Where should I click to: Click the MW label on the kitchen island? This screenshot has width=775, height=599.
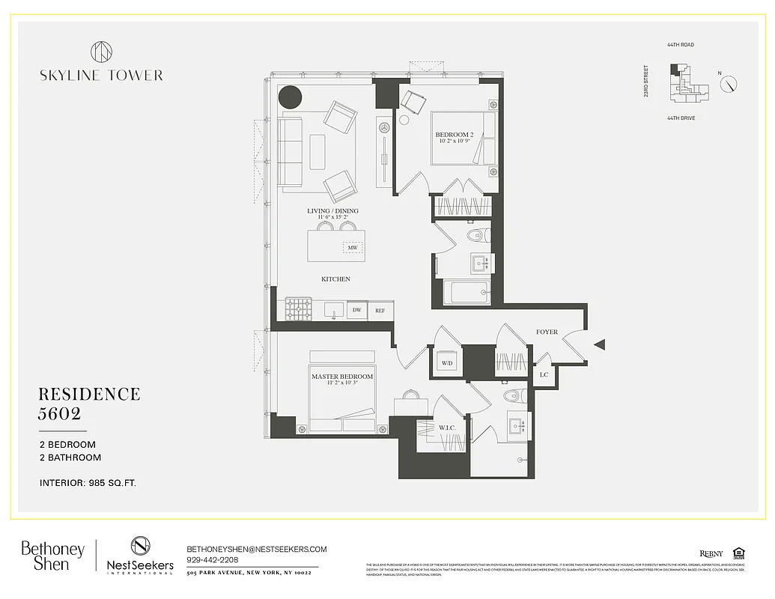click(x=352, y=247)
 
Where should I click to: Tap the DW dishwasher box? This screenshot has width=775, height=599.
click(x=357, y=309)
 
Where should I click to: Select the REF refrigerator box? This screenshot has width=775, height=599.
click(x=380, y=309)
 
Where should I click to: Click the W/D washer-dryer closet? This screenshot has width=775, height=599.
click(x=447, y=363)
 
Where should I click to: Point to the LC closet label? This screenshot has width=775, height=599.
click(x=544, y=374)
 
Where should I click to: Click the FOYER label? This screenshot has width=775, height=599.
click(x=547, y=332)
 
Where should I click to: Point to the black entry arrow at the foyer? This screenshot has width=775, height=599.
click(x=599, y=344)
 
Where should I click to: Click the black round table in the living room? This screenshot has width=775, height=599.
click(x=290, y=97)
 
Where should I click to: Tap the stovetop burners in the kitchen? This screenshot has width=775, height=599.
click(x=299, y=308)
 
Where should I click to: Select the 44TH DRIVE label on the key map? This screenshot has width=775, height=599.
click(x=681, y=118)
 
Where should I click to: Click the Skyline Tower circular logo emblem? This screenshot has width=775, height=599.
click(x=101, y=52)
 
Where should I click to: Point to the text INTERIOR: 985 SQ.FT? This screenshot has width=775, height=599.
click(x=88, y=483)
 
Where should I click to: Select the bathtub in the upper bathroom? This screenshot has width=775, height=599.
click(x=466, y=293)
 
